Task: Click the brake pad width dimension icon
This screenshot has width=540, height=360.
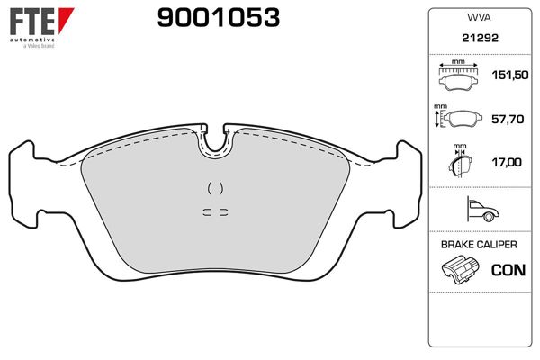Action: [x=459, y=79]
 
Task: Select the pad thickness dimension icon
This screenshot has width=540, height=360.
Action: [x=460, y=162]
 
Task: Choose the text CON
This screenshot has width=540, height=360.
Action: [x=506, y=269]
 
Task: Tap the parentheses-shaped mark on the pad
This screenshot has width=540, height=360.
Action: [x=214, y=188]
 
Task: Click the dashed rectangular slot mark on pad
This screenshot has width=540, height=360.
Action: [x=214, y=212]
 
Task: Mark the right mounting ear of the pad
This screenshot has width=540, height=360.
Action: [x=405, y=180]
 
